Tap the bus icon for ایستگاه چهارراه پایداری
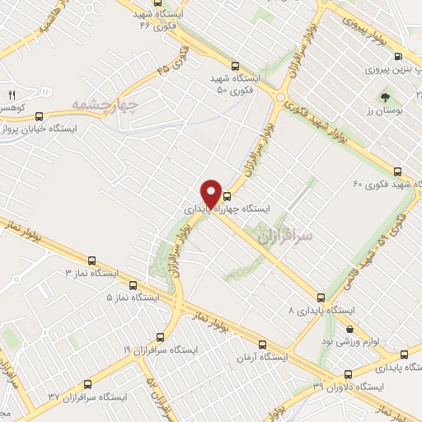pos(227,198)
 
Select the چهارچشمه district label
pos(102,105)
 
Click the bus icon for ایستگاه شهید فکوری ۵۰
pos(237,66)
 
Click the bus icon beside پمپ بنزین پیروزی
pos(399,57)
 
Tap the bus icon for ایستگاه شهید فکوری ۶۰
pos(398,171)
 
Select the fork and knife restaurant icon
pos(12,96)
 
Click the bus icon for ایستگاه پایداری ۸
pos(321,298)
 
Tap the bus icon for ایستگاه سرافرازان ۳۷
pos(86,384)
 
